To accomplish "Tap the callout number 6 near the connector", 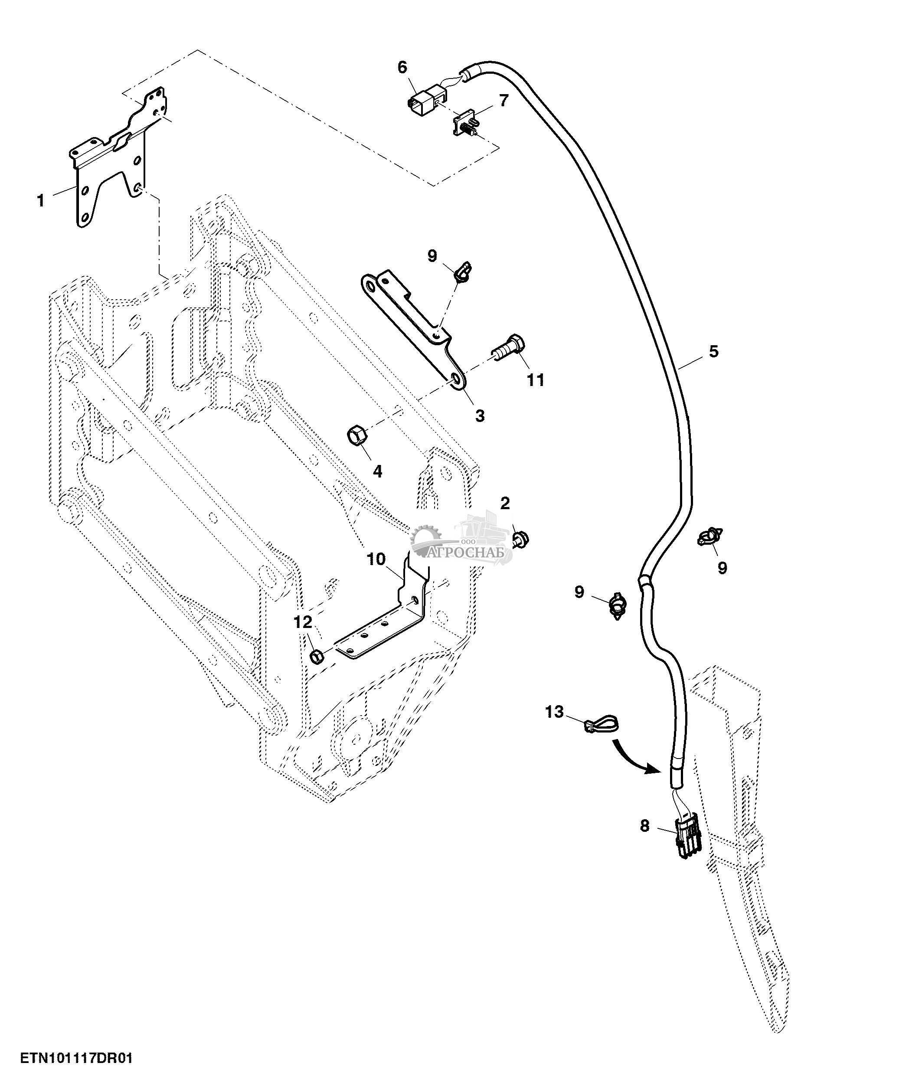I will (x=402, y=67).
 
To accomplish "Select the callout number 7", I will (x=504, y=101).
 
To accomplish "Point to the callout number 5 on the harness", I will (x=714, y=352).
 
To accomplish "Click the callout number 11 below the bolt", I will (x=536, y=380).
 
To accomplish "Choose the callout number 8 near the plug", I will (x=644, y=826).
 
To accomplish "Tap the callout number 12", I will (x=303, y=621).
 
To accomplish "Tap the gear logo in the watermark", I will (x=426, y=539).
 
